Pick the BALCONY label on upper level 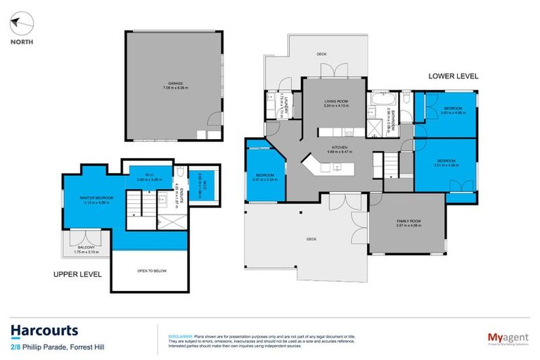[x=84, y=249]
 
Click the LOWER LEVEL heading [x=453, y=75]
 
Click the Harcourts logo [x=44, y=330]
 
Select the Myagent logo [x=501, y=337]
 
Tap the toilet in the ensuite [x=181, y=172]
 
